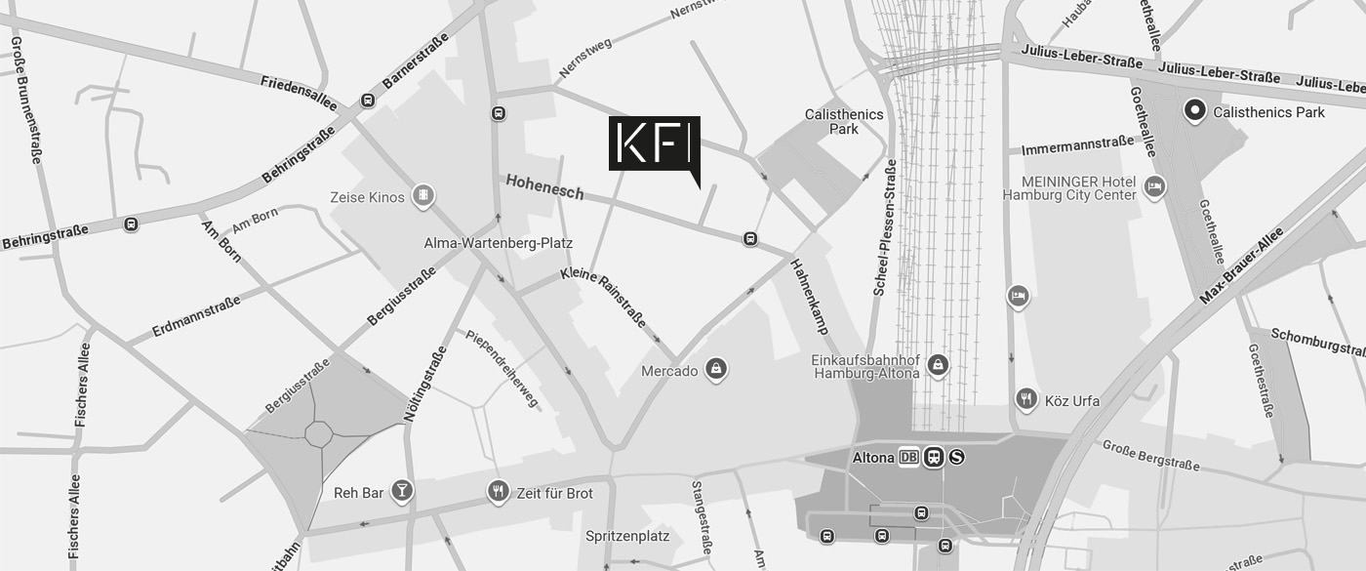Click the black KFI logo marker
[654, 144]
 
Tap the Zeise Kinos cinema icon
[422, 196]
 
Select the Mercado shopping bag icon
[717, 369]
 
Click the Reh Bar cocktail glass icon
[401, 491]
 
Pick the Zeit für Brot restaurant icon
[499, 491]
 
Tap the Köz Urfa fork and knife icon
[1025, 398]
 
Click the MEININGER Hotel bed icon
[1154, 186]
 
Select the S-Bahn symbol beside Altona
[956, 457]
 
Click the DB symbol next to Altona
[908, 457]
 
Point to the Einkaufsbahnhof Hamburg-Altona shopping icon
[938, 365]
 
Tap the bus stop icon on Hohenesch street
[750, 238]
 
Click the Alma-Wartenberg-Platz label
[498, 243]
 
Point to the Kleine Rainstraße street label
[603, 296]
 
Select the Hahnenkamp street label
[809, 297]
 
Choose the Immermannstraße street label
[1078, 147]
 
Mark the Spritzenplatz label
[627, 536]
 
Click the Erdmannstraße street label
[196, 316]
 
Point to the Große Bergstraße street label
[1150, 455]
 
